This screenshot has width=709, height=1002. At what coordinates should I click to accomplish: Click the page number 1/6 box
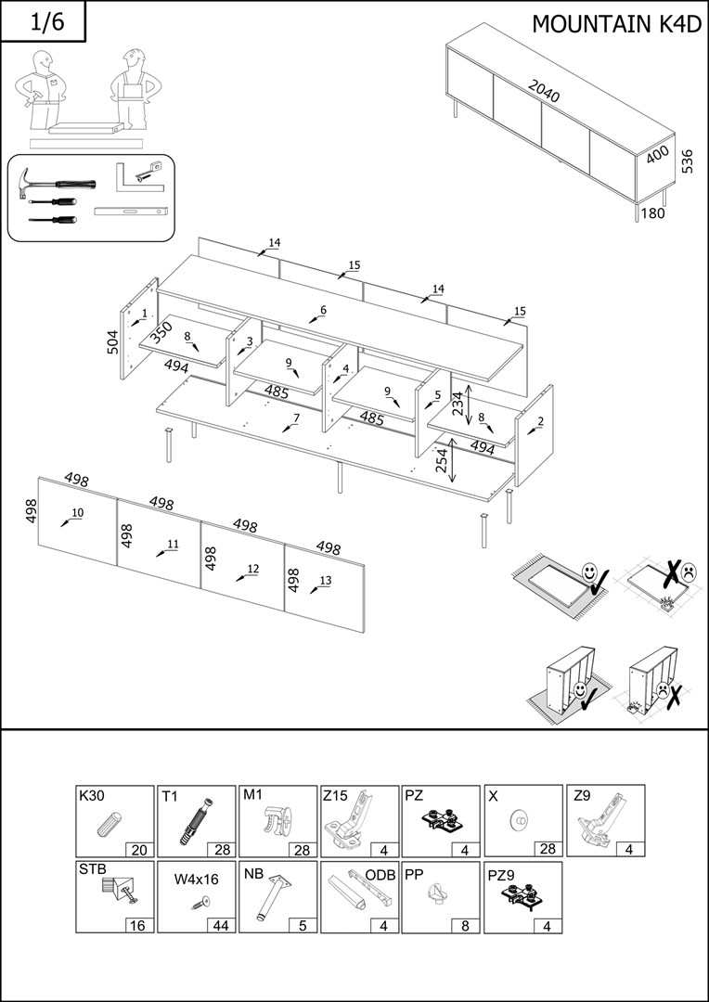(44, 22)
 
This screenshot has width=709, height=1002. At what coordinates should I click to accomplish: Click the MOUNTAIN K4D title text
(616, 24)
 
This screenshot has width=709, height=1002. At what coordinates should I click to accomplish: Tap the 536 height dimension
(687, 161)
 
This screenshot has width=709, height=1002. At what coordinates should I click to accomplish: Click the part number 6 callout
(323, 310)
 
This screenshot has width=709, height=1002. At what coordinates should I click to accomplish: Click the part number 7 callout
(295, 418)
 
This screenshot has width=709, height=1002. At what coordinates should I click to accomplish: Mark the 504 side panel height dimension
(113, 340)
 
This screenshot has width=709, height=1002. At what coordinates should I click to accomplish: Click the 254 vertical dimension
(443, 458)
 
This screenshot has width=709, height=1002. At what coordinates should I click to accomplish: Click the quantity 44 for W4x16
(221, 925)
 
